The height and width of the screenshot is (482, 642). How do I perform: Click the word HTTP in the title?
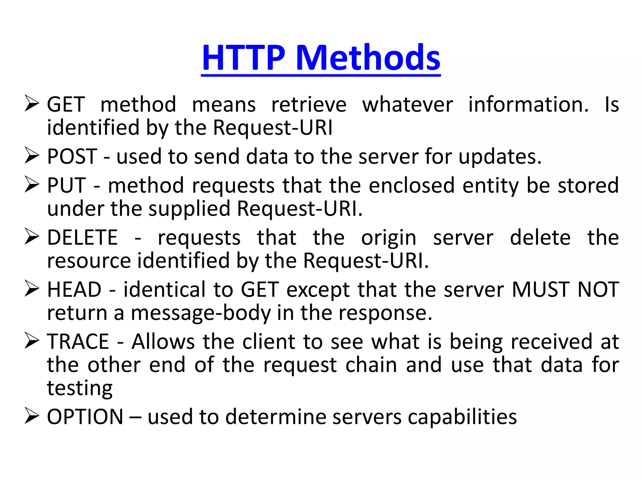click(244, 58)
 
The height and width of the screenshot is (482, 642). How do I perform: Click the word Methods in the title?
click(368, 58)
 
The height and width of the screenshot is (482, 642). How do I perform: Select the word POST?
click(72, 156)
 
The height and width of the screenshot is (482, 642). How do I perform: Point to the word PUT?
click(66, 185)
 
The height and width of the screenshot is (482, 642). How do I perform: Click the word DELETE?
click(82, 237)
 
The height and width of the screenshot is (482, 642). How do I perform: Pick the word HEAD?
click(74, 289)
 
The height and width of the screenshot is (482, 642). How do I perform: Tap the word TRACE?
click(78, 341)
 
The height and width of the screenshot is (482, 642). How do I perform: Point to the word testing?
click(80, 388)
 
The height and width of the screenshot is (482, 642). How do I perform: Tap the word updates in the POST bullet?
click(500, 157)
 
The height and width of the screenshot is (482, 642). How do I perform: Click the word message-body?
click(201, 313)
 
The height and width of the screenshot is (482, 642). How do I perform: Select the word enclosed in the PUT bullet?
click(411, 185)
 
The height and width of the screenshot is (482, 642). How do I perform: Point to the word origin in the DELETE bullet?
click(389, 238)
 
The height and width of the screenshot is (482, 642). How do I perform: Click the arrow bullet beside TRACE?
click(32, 341)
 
